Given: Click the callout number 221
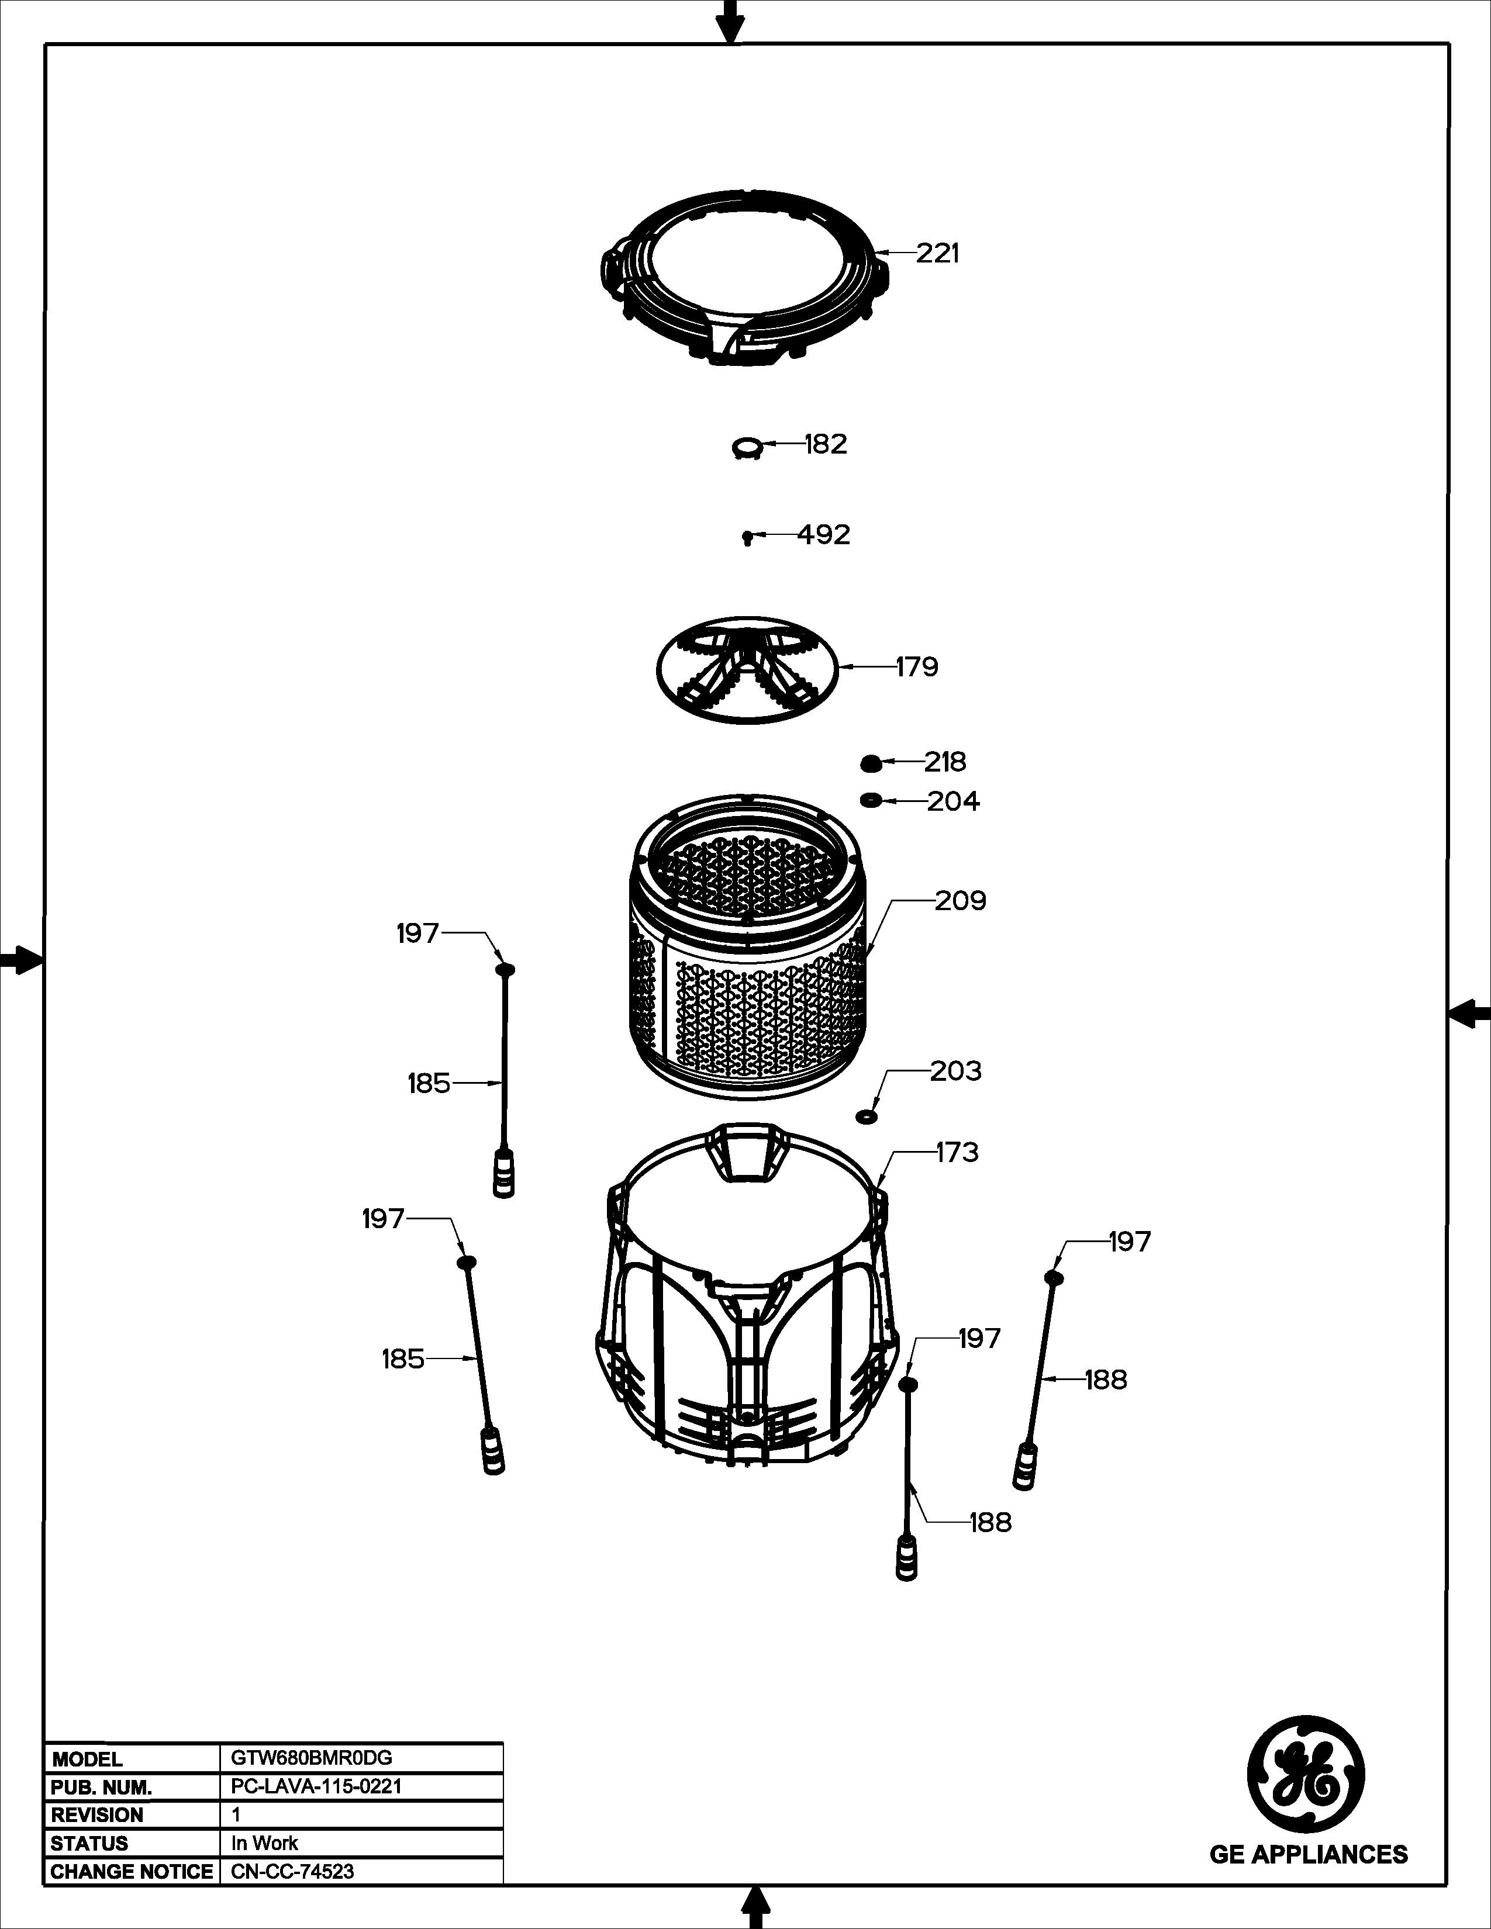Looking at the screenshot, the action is (x=937, y=254).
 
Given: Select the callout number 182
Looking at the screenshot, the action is (x=826, y=444).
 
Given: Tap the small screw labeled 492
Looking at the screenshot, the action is (x=747, y=536).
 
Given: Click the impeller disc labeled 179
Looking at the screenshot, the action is (x=747, y=669).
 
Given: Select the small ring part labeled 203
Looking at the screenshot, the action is (x=867, y=1117).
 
